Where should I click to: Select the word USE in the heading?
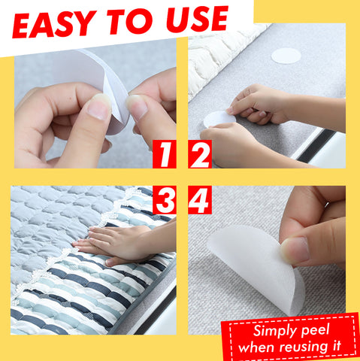click(197, 19)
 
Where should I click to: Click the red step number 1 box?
click(165, 154)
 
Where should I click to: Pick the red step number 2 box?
click(200, 154)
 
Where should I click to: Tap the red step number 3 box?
click(165, 200)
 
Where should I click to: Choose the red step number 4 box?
click(200, 200)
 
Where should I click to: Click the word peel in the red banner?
click(315, 331)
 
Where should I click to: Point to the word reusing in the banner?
click(304, 347)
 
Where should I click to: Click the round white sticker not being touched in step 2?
click(286, 56)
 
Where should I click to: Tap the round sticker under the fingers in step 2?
click(219, 120)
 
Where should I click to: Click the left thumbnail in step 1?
click(100, 106)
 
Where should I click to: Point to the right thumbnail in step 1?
click(137, 107)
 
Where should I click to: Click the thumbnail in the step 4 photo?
click(295, 250)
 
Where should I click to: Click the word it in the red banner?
click(337, 345)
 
